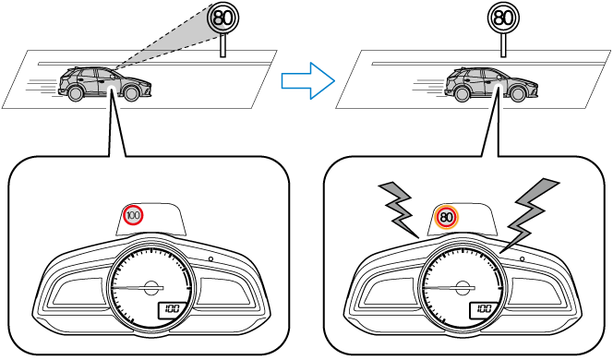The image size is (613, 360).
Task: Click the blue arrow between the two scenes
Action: point(308,80)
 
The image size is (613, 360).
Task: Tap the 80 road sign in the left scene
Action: point(223,18)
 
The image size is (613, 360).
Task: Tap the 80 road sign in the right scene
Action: point(503,18)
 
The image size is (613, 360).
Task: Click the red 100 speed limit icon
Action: point(133,215)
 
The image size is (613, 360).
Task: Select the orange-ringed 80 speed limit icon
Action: point(446,217)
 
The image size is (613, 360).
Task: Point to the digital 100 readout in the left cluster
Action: point(172,309)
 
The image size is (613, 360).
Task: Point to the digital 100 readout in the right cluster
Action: point(484,309)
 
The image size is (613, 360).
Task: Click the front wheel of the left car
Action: point(130,92)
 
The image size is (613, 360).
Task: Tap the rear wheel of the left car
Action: point(75,92)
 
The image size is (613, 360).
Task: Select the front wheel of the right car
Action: point(517,93)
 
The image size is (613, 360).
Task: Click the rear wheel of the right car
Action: point(462,93)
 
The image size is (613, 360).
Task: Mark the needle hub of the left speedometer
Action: point(150,288)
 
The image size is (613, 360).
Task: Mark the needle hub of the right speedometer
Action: point(463,288)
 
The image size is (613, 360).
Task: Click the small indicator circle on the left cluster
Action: point(210,258)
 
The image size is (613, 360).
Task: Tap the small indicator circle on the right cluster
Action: point(523,258)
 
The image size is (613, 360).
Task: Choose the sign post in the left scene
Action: point(222,45)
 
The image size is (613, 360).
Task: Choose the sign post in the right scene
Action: point(503,45)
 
